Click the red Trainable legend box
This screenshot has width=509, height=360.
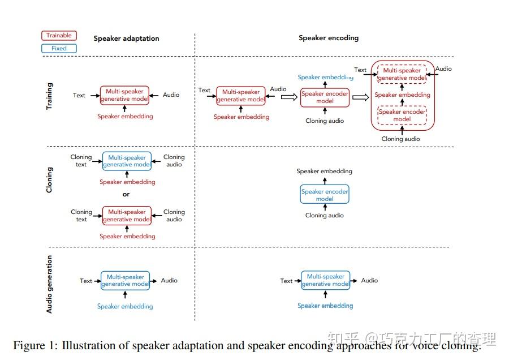click(x=59, y=36)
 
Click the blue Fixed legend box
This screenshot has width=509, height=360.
click(x=59, y=49)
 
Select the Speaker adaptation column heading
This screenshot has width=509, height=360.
click(x=126, y=38)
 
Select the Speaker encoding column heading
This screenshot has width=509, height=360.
click(x=329, y=38)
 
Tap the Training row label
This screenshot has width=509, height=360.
click(x=50, y=96)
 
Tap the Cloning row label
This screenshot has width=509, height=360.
click(x=50, y=179)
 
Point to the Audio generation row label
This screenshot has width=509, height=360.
click(x=50, y=284)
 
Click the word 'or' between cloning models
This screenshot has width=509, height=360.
click(x=126, y=194)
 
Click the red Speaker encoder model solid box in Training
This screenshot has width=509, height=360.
click(x=325, y=97)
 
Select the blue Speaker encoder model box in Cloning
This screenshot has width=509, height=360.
click(x=325, y=195)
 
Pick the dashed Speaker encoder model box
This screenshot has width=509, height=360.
click(x=402, y=115)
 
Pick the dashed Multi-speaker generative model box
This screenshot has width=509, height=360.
click(x=402, y=74)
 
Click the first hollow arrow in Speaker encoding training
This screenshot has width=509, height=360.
click(x=288, y=97)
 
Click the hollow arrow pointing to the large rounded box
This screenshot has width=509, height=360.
click(x=360, y=97)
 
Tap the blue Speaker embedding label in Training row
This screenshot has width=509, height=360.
click(x=325, y=78)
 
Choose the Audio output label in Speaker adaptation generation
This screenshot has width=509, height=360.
click(x=169, y=280)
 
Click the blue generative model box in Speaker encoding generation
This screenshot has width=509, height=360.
click(x=325, y=280)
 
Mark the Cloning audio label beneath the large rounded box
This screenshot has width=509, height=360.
click(x=401, y=139)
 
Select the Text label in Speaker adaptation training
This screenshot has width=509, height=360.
click(x=79, y=95)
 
